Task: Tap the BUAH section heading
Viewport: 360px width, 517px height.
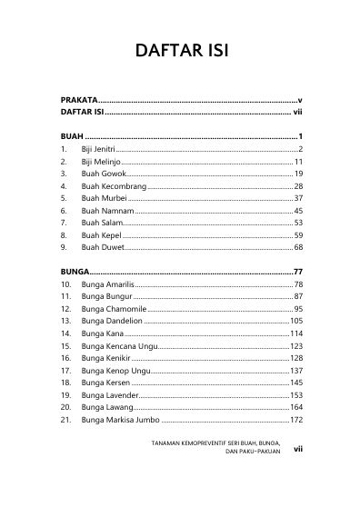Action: (x=70, y=135)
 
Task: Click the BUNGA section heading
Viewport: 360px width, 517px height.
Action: (x=75, y=272)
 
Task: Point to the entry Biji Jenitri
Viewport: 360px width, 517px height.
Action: (x=102, y=148)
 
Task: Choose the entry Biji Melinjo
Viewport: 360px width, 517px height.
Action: (x=104, y=161)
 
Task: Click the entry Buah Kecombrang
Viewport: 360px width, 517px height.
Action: (x=113, y=185)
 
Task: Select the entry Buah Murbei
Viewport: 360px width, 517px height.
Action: (x=104, y=198)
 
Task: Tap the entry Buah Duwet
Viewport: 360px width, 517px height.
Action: (x=102, y=247)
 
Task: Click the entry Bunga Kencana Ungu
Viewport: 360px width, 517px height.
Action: (x=118, y=346)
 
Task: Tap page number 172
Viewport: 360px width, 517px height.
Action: (x=295, y=420)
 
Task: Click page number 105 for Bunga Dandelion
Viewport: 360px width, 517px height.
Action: (x=295, y=322)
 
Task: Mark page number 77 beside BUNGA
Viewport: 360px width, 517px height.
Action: (x=296, y=272)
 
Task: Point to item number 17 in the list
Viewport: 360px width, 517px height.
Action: (x=65, y=371)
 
